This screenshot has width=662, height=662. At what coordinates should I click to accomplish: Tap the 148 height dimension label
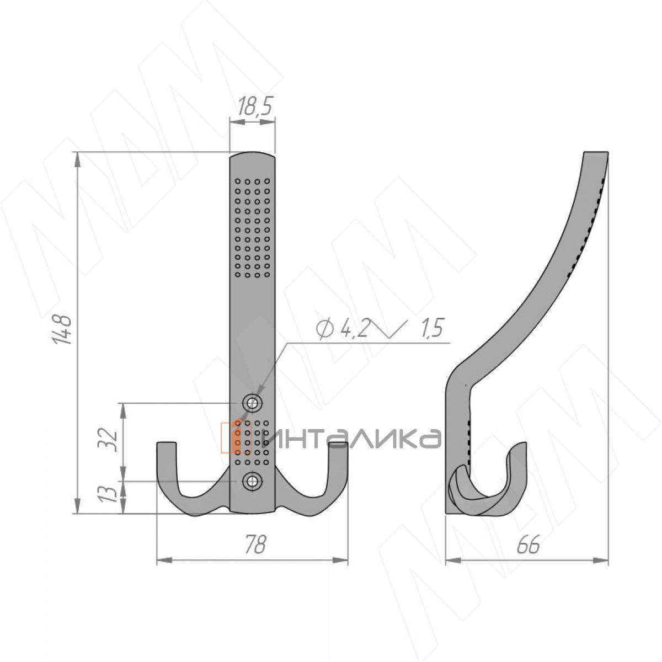(x=62, y=329)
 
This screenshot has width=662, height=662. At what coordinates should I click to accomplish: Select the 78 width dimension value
(x=256, y=544)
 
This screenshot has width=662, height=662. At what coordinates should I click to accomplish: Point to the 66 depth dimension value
(x=528, y=544)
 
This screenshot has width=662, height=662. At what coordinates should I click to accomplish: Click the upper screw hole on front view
(x=252, y=403)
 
